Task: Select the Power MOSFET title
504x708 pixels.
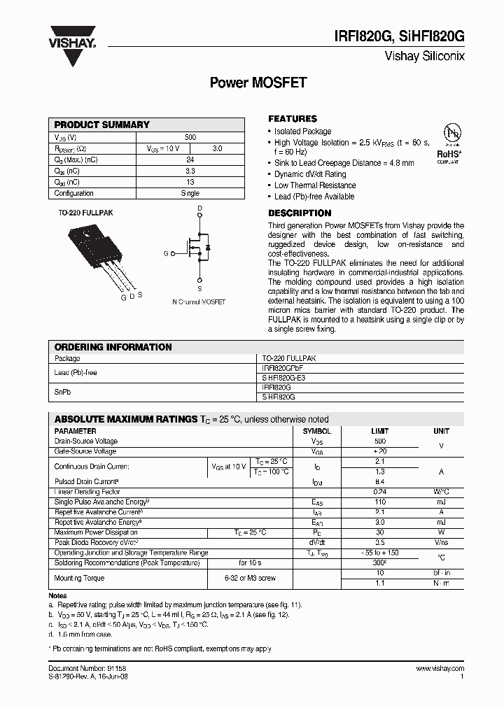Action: (x=258, y=83)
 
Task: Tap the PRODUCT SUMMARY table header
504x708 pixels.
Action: (x=102, y=125)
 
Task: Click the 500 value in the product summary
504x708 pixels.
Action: (x=190, y=137)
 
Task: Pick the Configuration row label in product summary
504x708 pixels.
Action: (x=73, y=193)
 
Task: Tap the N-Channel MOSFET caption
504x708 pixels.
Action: (x=199, y=302)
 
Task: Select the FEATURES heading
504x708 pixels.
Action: (x=293, y=119)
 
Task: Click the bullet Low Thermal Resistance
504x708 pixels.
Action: (x=314, y=185)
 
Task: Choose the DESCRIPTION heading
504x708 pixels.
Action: (x=300, y=213)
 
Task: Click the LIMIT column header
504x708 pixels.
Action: (x=379, y=431)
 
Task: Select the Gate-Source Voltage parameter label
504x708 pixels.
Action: (x=85, y=451)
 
